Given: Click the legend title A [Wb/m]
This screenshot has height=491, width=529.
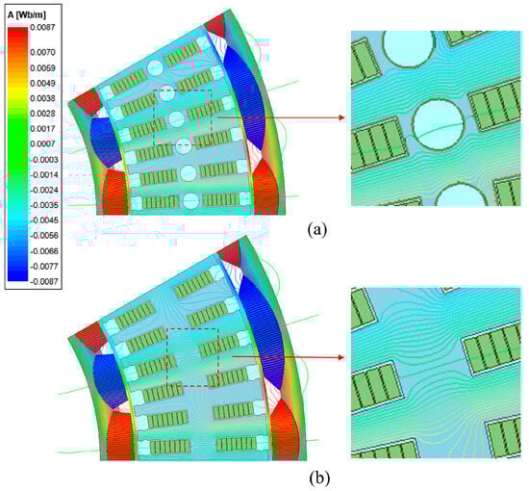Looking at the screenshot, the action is coord(27,15).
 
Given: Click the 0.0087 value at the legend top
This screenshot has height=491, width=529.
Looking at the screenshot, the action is coord(42,27).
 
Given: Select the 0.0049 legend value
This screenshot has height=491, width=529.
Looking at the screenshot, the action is coord(42,83).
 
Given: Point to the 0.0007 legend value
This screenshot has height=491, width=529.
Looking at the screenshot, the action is coord(42,143).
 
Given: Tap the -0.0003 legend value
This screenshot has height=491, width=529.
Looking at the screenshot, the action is coord(44,160).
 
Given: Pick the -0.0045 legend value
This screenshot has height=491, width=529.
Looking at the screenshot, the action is coord(44,220).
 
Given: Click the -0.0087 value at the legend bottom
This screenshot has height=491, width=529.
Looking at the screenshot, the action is coord(44,281).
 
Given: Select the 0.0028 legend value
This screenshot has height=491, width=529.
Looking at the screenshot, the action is coord(42,114).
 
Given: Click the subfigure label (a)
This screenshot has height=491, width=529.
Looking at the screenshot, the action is coord(317,230).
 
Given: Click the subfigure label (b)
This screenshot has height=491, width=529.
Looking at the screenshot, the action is coord(319,478).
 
